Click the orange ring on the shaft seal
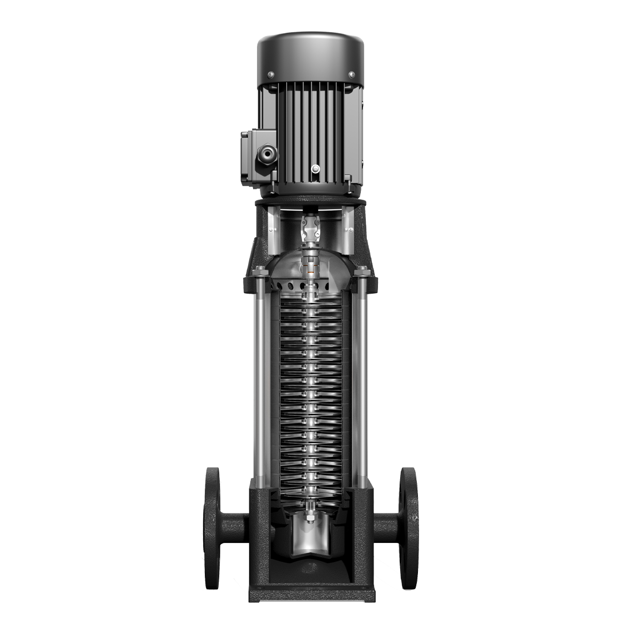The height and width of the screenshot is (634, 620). [x=310, y=271]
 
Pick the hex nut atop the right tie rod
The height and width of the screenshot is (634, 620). [x=363, y=272]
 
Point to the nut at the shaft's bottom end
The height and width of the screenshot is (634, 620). [x=309, y=519]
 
